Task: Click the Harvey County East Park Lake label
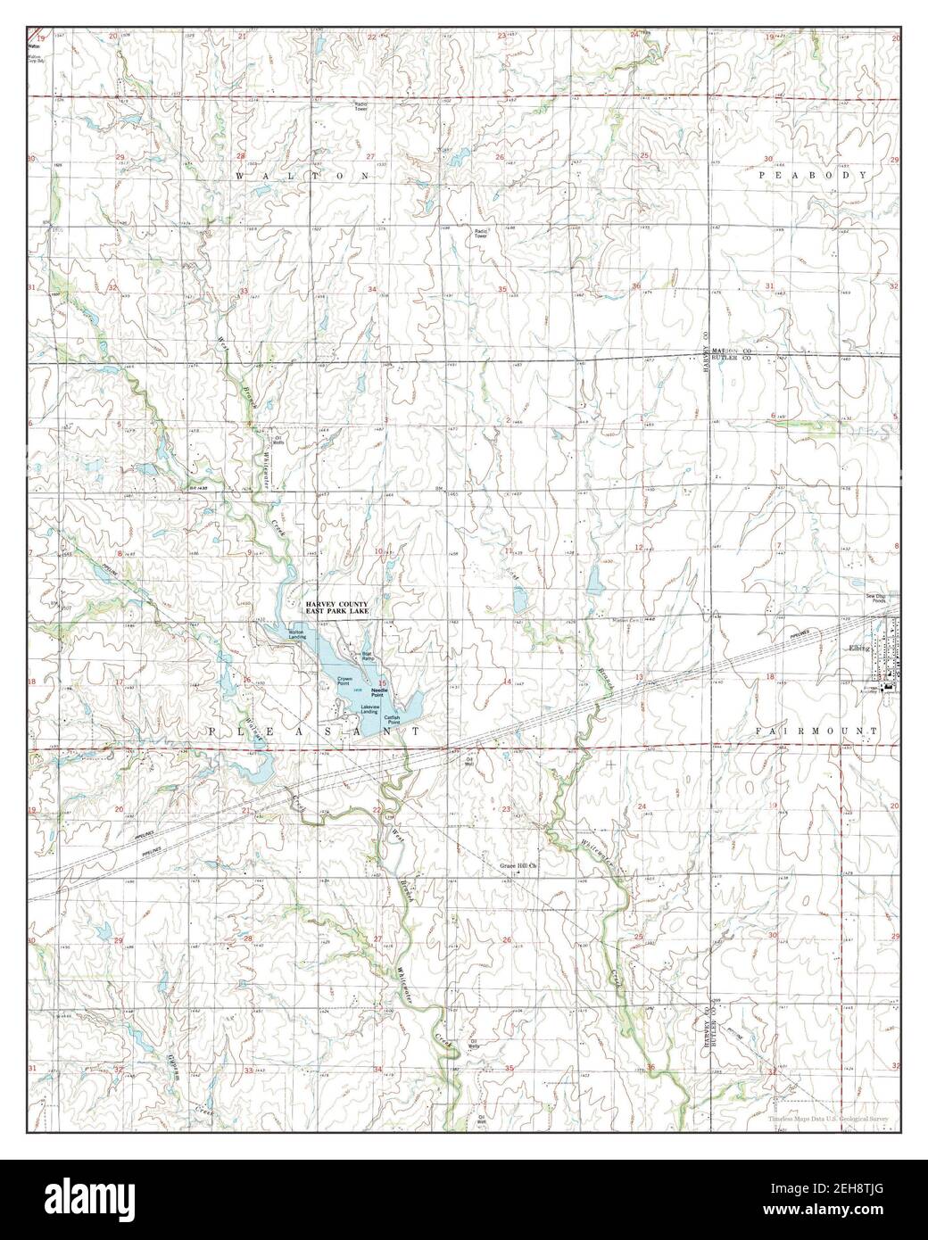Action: pos(337,608)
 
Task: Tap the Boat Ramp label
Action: pos(366,655)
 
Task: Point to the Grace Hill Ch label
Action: pos(521,865)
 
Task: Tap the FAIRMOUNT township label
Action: pos(816,731)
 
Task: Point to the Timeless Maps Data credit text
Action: pos(826,1116)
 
